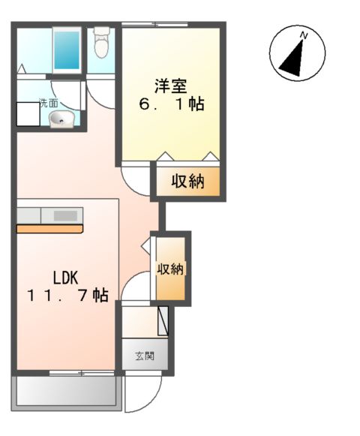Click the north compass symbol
(297, 53)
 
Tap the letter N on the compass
(304, 35)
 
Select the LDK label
(65, 275)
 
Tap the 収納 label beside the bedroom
(187, 182)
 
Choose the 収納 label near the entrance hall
(171, 268)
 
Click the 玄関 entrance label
(145, 355)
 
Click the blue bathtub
(67, 50)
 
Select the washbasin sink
(60, 119)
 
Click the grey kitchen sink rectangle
(65, 215)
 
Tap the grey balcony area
(66, 390)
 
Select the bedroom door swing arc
(135, 179)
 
